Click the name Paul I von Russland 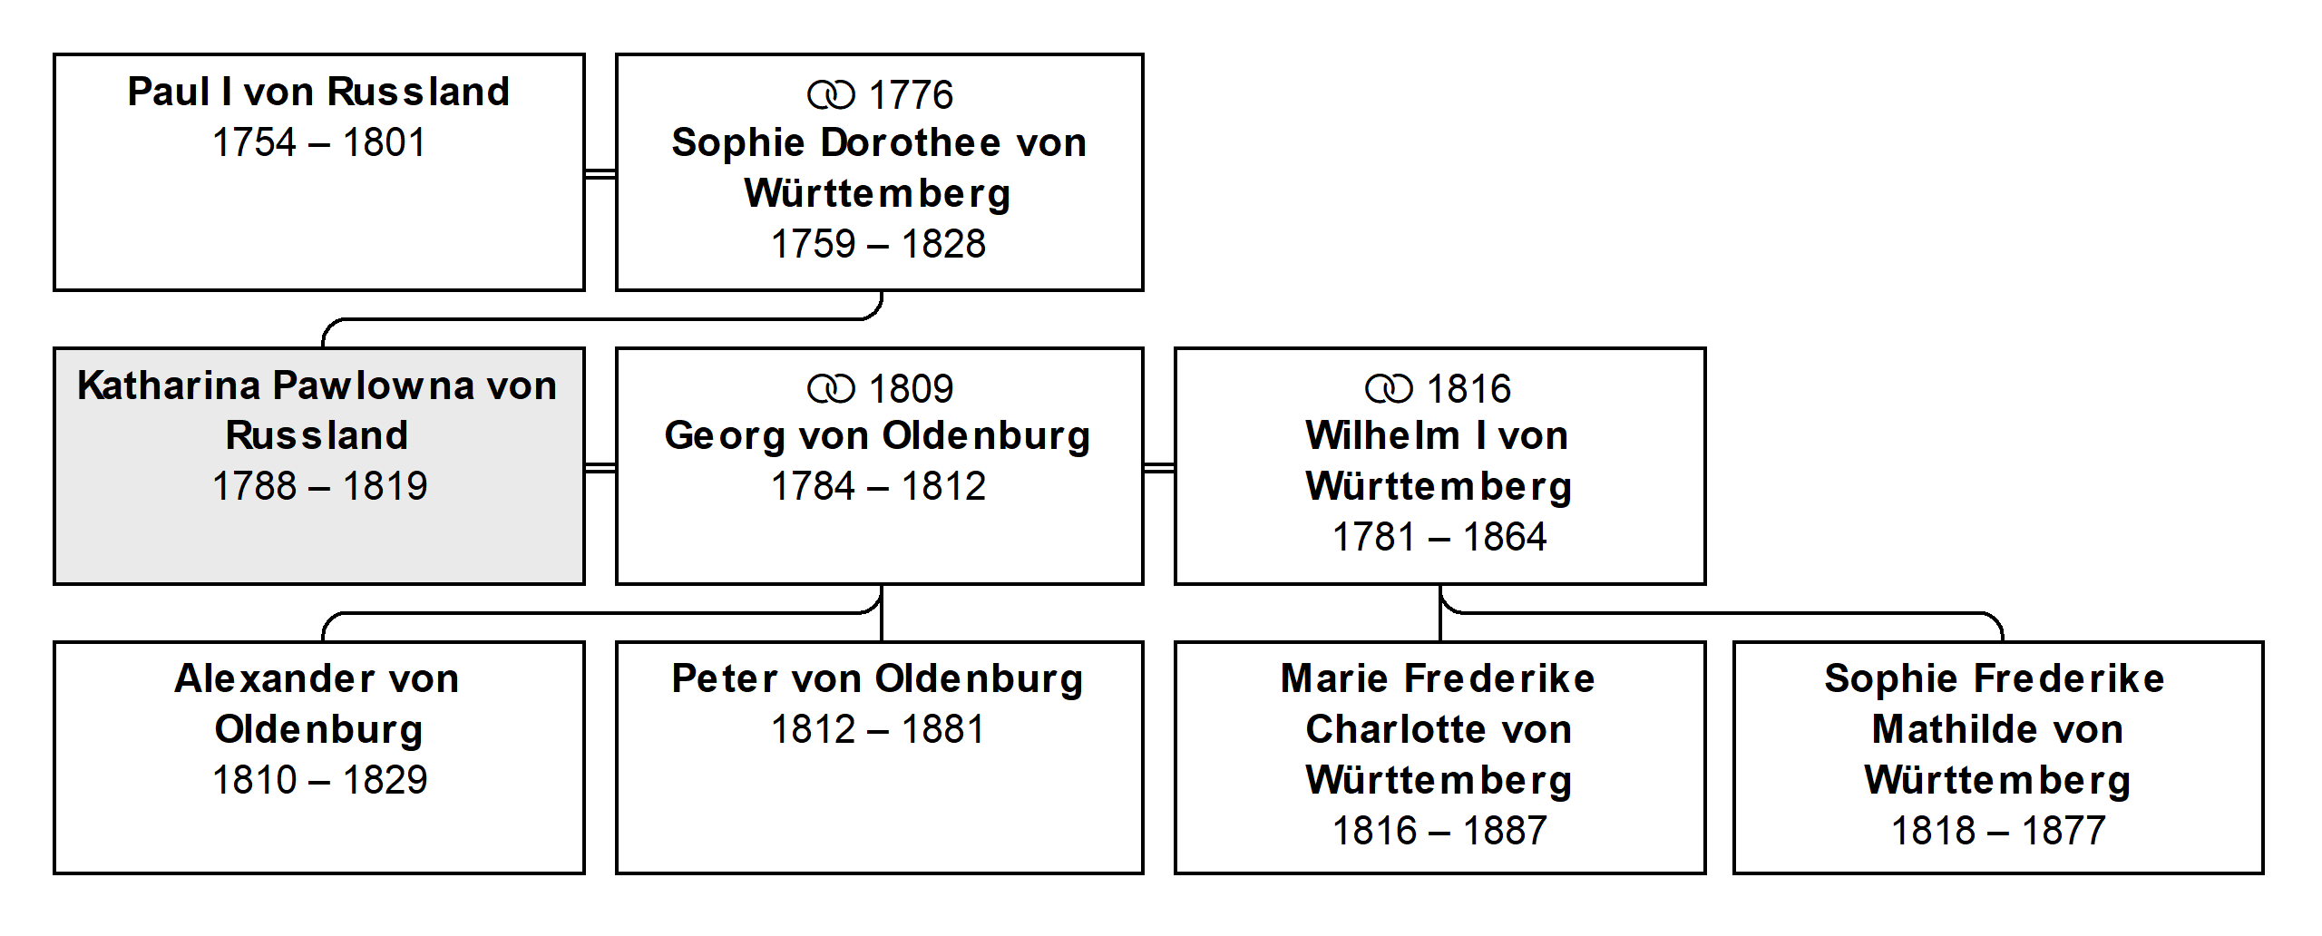pos(318,92)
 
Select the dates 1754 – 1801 pos(318,142)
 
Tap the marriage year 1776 pos(911,95)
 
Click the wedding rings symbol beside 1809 pos(831,389)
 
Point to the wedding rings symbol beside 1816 pos(1389,389)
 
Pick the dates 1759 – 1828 pos(878,244)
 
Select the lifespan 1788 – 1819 pos(319,486)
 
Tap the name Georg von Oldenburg pos(877,437)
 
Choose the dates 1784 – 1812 pos(878,486)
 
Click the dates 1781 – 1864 pos(1439,537)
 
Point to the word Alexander pos(273,678)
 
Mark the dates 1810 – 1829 pos(319,780)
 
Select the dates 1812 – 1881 pos(878,729)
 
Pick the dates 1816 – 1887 pos(1439,831)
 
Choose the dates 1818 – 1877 pos(1998,831)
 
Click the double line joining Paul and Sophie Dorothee pos(600,173)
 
